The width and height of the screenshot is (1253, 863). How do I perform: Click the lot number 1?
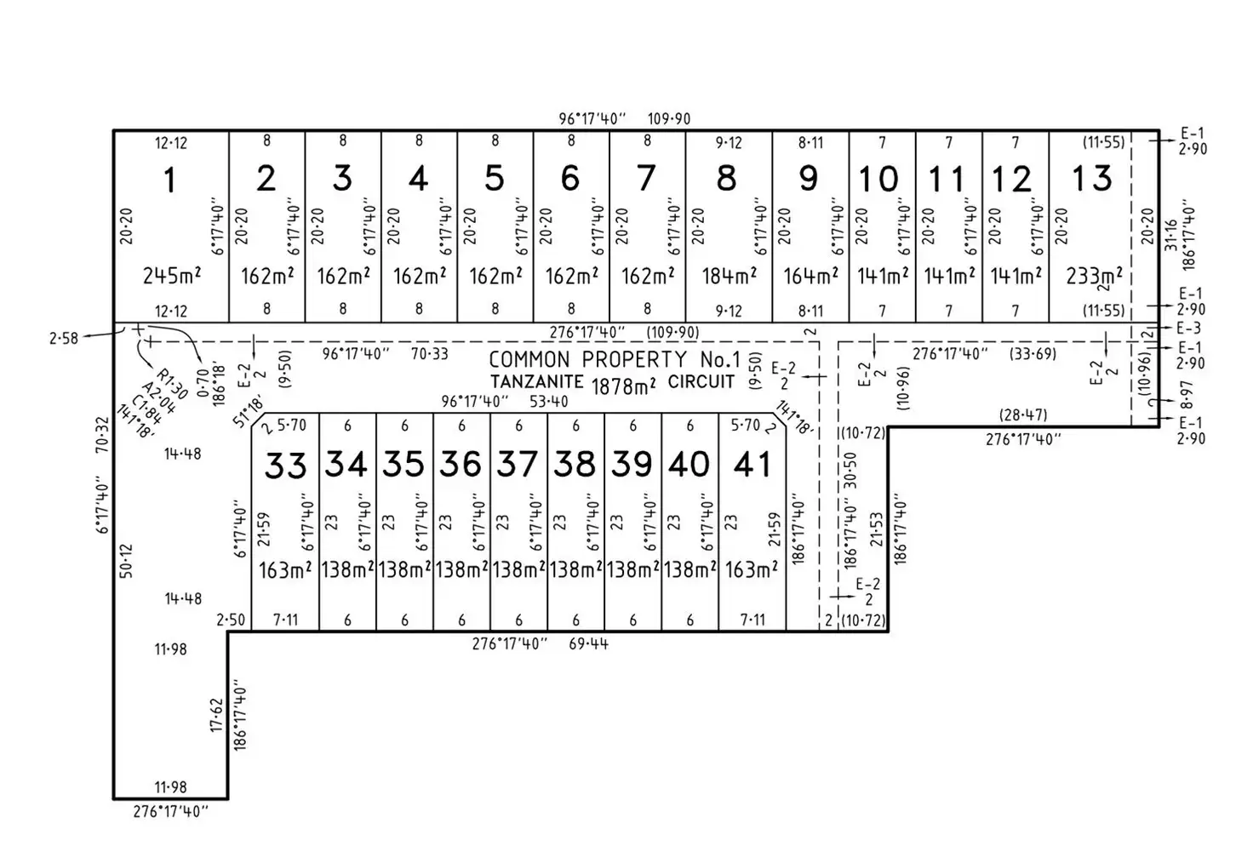click(169, 180)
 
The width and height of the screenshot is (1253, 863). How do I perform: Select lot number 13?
click(1092, 179)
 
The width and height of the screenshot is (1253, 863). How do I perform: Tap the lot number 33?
click(285, 466)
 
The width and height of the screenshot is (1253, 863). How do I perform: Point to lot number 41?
click(752, 465)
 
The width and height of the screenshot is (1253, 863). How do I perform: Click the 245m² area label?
click(172, 276)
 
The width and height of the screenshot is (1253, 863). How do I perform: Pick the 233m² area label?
click(1094, 276)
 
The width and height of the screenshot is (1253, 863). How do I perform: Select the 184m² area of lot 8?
click(729, 276)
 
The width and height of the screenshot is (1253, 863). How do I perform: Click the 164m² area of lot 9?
click(810, 276)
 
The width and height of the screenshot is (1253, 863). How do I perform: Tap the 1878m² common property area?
click(623, 386)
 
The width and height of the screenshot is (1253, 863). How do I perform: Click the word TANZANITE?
click(536, 382)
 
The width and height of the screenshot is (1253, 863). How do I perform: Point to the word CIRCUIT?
click(701, 382)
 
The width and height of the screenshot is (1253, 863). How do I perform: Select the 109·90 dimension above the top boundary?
click(669, 119)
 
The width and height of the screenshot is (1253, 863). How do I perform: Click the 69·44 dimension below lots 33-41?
click(588, 644)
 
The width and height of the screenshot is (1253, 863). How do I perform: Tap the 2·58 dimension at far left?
click(63, 338)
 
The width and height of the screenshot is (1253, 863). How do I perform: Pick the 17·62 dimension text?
click(216, 716)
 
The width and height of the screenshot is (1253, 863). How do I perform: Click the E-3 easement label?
click(1190, 329)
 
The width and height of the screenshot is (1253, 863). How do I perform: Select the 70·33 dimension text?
click(429, 353)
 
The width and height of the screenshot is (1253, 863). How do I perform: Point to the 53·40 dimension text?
click(548, 402)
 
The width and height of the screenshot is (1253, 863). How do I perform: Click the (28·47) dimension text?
click(1023, 414)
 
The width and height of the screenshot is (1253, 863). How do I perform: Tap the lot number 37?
click(517, 465)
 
